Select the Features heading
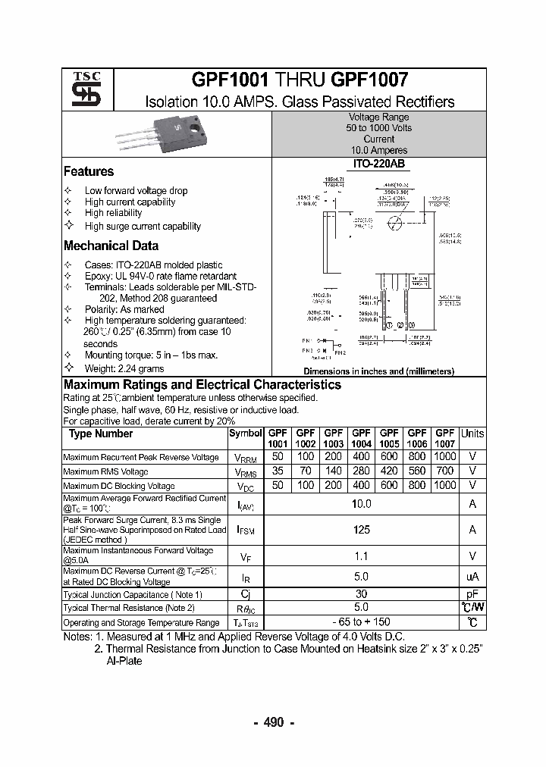pyautogui.click(x=89, y=172)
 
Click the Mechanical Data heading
pyautogui.click(x=111, y=246)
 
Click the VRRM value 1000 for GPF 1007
pyautogui.click(x=445, y=457)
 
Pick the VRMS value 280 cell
pyautogui.click(x=361, y=471)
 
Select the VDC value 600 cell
pyautogui.click(x=389, y=485)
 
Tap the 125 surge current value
pyautogui.click(x=361, y=531)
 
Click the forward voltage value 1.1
pyautogui.click(x=361, y=556)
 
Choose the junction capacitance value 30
pyautogui.click(x=361, y=595)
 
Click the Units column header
pyautogui.click(x=472, y=434)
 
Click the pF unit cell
pyautogui.click(x=472, y=595)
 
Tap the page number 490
pyautogui.click(x=273, y=722)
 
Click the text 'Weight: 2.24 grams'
pyautogui.click(x=124, y=368)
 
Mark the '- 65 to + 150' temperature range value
pyautogui.click(x=361, y=622)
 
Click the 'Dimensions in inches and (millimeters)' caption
pyautogui.click(x=378, y=371)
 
